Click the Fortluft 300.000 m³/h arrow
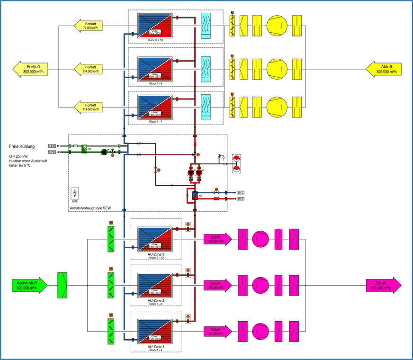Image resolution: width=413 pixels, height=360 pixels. [31, 69]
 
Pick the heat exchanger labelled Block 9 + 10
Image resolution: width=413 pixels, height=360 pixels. [154, 26]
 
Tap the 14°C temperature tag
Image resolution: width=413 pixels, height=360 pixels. [52, 145]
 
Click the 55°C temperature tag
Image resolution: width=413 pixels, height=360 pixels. [241, 199]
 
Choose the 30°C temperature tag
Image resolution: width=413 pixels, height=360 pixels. [241, 192]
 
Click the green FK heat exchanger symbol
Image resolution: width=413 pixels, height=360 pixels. [84, 149]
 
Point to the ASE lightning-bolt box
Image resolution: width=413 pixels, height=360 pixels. [74, 193]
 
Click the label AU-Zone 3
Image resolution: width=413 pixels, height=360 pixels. [156, 254]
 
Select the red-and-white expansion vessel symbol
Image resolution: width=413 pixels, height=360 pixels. [236, 163]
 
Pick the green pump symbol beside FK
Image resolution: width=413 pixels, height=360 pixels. [105, 153]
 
